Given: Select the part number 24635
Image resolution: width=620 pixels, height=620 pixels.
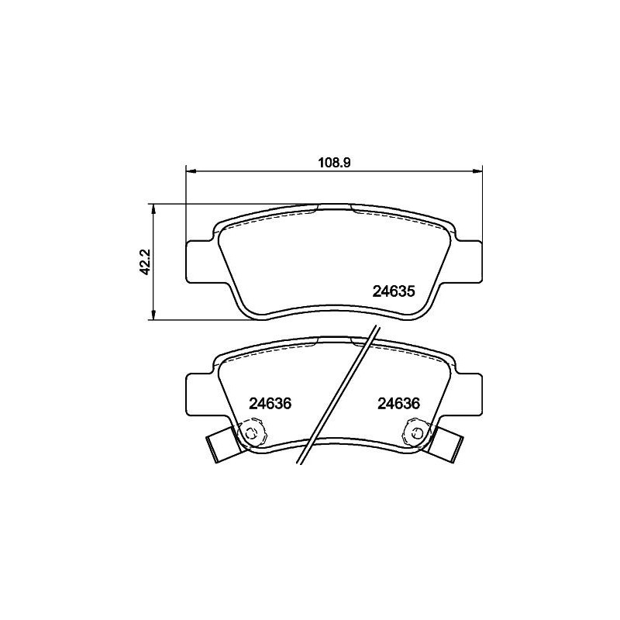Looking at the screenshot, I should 395,292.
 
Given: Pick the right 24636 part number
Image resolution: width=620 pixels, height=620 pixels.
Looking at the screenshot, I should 398,403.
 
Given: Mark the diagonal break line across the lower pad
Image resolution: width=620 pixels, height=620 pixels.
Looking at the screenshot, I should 339,395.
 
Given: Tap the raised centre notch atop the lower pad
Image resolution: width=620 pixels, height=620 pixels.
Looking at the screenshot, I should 334,339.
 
